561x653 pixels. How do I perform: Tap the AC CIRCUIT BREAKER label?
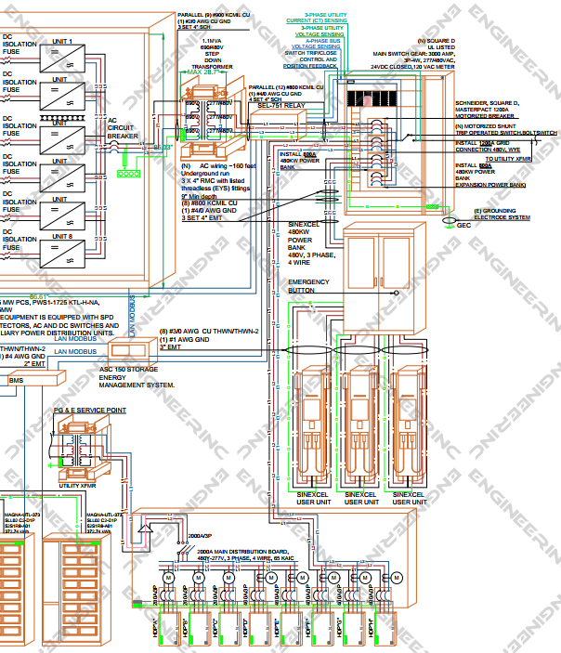click(124, 128)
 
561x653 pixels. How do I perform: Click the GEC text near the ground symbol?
click(462, 224)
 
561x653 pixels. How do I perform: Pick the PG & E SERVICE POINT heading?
click(90, 410)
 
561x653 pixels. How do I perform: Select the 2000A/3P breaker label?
click(200, 536)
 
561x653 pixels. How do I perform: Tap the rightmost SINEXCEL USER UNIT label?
click(409, 499)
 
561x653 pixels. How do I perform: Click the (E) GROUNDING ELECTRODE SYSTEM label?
click(502, 215)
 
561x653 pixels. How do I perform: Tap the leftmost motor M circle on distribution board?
click(170, 578)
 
